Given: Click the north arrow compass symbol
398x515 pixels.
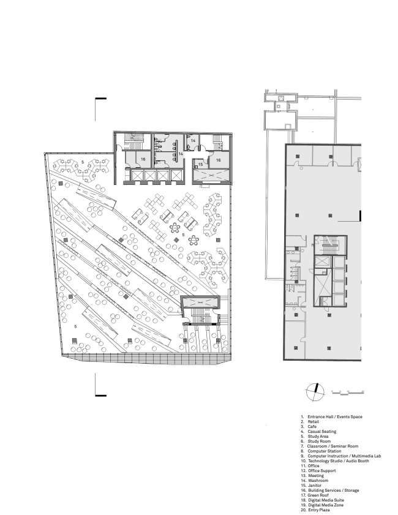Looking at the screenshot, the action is (x=315, y=392).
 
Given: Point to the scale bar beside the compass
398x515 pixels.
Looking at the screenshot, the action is (x=348, y=392).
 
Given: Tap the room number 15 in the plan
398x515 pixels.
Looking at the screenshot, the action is (x=200, y=165).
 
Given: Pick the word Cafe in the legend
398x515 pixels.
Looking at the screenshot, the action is (x=312, y=427).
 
